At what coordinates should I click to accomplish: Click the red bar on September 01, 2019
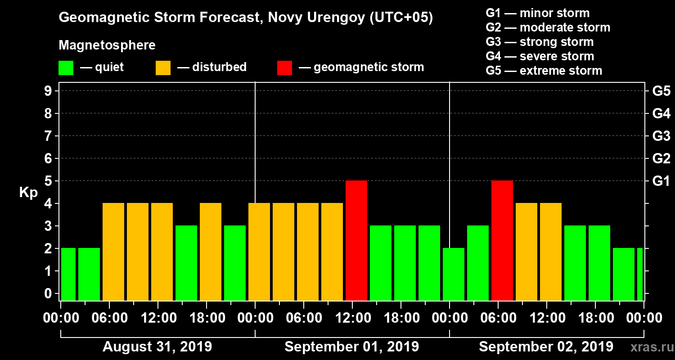coord(356,240)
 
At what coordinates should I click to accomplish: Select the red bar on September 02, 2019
coord(502,240)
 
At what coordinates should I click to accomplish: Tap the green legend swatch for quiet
coord(66,68)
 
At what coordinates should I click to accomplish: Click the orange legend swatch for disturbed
coord(163,68)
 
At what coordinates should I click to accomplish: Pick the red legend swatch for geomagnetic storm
coord(284,68)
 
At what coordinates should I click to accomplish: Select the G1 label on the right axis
coord(661,181)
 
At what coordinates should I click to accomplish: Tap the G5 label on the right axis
coord(661,91)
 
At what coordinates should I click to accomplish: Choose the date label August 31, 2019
coord(157,347)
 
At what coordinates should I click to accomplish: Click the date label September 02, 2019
coord(546,347)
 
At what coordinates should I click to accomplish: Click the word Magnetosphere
coord(107,45)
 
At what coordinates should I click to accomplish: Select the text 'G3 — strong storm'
coord(540,42)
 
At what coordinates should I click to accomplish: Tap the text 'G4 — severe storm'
coord(540,56)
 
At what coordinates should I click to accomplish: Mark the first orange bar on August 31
coord(113,252)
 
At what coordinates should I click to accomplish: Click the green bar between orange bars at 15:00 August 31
coord(186,263)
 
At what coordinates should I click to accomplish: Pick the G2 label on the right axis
coord(661,158)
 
